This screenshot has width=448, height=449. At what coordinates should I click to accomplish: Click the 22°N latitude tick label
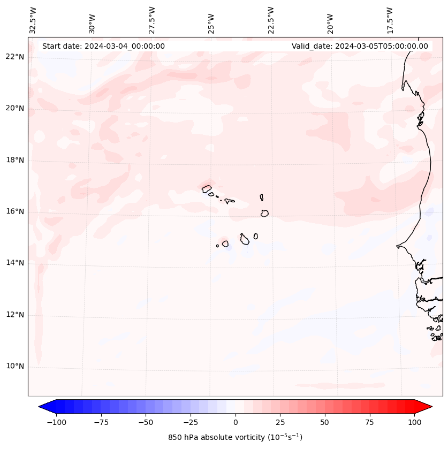(x=15, y=57)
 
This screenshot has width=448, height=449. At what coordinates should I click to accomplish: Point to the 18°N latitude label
(x=15, y=160)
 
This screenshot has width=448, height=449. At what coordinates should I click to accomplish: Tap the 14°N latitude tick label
(x=15, y=263)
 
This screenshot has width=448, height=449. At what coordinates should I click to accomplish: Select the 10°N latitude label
(x=15, y=366)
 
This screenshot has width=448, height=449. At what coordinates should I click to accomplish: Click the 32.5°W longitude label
(x=33, y=20)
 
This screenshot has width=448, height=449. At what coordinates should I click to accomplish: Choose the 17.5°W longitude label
(x=390, y=20)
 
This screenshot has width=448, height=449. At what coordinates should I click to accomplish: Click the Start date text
(x=103, y=46)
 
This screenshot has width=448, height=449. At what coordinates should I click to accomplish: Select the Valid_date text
(x=360, y=46)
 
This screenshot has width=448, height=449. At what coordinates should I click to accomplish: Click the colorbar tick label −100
(x=56, y=423)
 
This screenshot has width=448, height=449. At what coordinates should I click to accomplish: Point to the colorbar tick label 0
(x=236, y=423)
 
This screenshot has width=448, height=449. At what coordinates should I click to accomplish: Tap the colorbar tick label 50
(x=325, y=423)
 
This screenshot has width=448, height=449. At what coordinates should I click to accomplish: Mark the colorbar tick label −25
(x=191, y=423)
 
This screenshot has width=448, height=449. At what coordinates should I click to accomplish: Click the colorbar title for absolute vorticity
(x=235, y=437)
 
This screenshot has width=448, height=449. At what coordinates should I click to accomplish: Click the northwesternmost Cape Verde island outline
(x=207, y=188)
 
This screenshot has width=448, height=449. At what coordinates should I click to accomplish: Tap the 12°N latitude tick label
(x=15, y=315)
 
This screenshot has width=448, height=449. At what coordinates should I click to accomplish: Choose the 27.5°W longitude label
(x=152, y=20)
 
